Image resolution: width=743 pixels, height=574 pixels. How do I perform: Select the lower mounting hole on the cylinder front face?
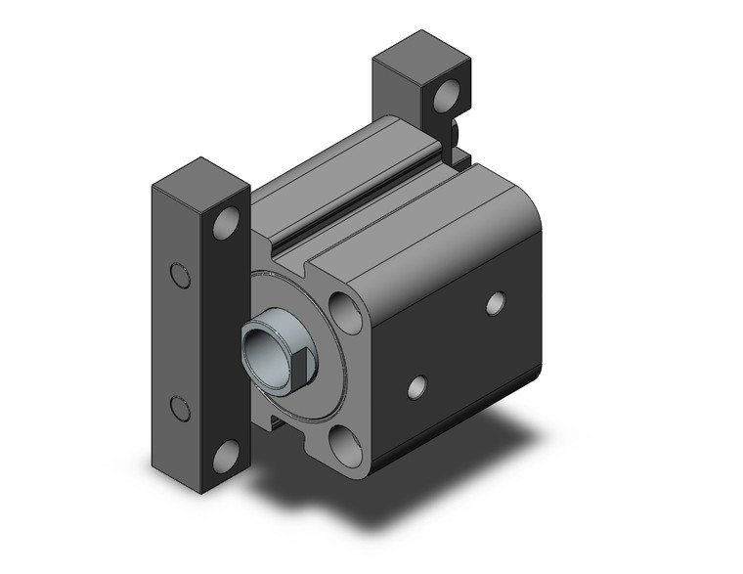coord(345,443)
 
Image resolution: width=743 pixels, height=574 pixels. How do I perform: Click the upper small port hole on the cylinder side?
coord(496,303)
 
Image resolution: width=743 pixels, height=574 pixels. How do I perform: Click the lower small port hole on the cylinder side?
coord(417,387)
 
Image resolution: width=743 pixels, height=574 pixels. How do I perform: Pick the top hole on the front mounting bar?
coord(227,224)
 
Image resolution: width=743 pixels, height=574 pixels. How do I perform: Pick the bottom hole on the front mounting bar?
coord(227,454)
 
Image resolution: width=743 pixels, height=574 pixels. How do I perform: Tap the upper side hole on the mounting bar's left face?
coord(179,276)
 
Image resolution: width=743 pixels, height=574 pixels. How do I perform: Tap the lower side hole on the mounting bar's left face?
coord(179,407)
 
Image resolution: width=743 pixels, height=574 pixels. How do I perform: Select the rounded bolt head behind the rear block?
coord(456,130)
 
